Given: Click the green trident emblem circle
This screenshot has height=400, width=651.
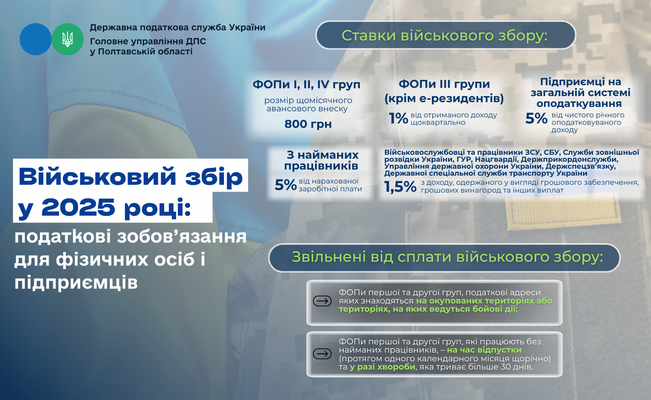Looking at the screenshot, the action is (67, 39).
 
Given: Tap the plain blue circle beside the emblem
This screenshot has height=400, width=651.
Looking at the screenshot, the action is (36, 39).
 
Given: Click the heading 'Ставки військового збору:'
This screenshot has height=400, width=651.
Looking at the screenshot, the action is (444, 36).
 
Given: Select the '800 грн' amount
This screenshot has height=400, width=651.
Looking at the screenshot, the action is (308, 124).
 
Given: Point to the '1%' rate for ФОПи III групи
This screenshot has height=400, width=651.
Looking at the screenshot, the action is (398, 119).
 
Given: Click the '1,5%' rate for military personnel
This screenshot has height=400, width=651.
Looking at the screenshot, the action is (400, 187).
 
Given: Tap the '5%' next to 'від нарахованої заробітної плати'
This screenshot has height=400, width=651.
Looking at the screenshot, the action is (286, 185).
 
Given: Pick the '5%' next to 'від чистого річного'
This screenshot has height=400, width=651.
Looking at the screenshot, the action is (536, 119).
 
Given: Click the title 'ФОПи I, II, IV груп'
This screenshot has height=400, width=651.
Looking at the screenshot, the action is (306, 85).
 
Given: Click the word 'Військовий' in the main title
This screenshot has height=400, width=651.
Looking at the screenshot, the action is (97, 177).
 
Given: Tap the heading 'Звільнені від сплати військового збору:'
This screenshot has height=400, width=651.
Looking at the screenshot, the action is (447, 257).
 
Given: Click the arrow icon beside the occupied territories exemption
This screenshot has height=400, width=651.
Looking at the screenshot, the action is (322, 301).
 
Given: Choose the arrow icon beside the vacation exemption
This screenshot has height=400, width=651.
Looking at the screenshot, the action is (322, 354).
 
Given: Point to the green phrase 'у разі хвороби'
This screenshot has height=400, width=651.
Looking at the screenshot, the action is (382, 367).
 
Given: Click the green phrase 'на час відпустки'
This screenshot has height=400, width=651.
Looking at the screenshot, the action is (484, 350).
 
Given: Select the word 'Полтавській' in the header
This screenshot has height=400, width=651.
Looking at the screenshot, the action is (127, 52).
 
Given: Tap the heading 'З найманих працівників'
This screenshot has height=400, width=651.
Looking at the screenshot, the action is (322, 160).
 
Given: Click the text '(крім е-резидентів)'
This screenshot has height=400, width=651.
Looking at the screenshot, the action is (444, 98).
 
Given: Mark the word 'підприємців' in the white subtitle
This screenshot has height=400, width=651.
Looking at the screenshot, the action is (76, 282).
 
